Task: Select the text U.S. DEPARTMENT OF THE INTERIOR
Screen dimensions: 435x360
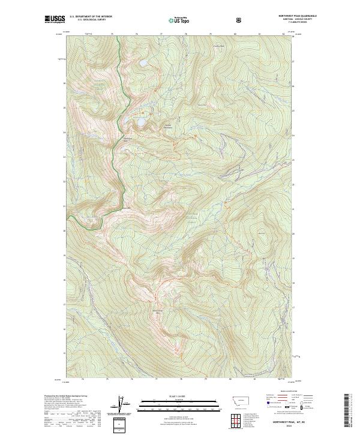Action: point(91,17)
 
